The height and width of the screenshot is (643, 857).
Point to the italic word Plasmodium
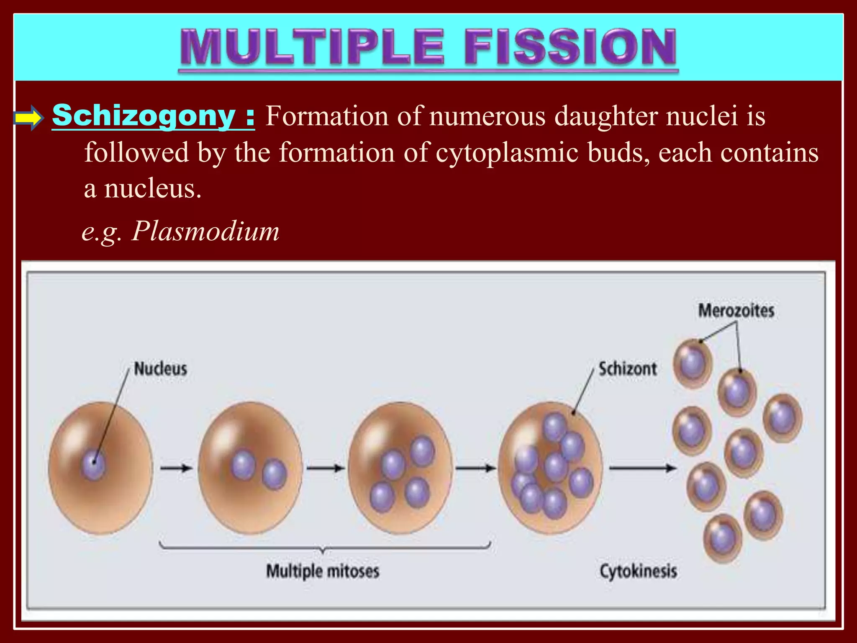205,231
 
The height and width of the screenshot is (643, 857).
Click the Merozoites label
736,311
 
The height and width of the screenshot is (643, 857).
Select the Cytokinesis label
638,571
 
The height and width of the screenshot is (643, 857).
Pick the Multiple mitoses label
323,571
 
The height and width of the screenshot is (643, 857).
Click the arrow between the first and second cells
176,468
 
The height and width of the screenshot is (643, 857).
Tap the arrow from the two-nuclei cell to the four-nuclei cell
325,468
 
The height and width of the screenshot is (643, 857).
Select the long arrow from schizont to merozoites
642,468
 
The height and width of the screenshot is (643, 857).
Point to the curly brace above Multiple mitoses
324,546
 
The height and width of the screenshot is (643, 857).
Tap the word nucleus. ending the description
153,188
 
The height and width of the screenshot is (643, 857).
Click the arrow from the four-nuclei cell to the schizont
475,468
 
